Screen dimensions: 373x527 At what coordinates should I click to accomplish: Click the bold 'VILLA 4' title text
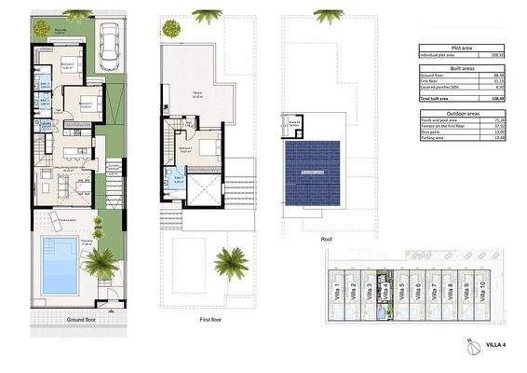pyautogui.click(x=496, y=347)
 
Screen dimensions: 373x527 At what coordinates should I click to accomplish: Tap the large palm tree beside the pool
pyautogui.click(x=102, y=267)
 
